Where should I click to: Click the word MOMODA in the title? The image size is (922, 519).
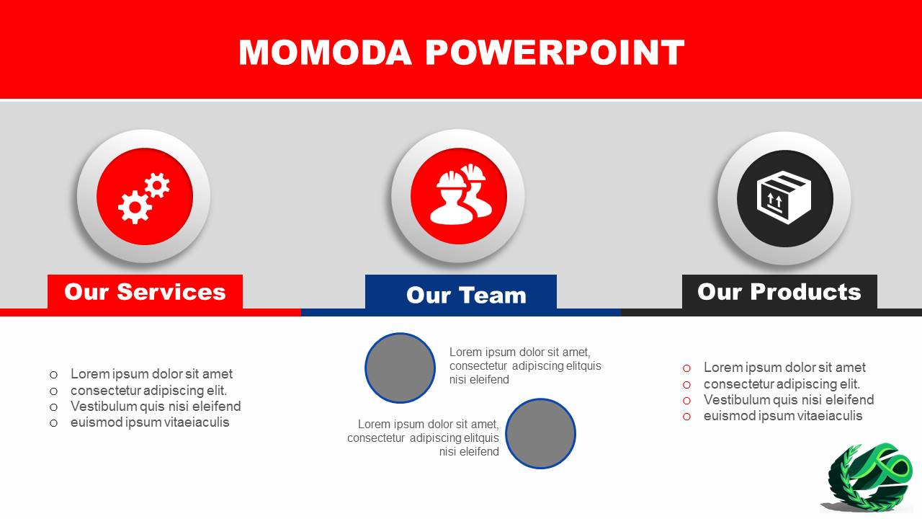click(325, 53)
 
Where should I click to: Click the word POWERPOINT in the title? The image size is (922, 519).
click(555, 53)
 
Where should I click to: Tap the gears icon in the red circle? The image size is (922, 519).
click(143, 198)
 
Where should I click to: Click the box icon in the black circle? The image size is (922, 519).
click(784, 198)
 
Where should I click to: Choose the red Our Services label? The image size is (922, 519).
click(145, 292)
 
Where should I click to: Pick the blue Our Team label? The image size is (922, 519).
click(461, 292)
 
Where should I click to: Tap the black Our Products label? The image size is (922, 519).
click(779, 292)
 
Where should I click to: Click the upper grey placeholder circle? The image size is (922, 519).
click(400, 368)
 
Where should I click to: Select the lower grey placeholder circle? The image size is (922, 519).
click(540, 433)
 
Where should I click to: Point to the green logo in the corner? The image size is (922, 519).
click(869, 478)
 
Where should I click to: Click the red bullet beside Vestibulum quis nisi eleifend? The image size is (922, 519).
click(686, 400)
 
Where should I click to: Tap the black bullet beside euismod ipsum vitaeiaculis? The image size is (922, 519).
click(53, 423)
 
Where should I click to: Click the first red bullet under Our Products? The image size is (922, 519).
click(686, 368)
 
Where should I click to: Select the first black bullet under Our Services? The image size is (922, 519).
click(53, 375)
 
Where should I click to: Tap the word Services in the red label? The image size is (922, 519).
click(171, 292)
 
